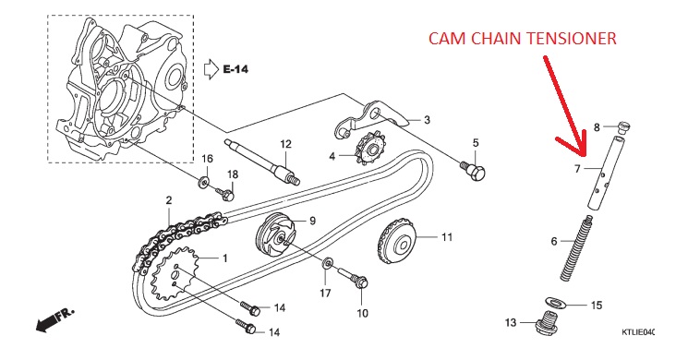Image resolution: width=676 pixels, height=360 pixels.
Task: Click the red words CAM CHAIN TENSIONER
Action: [522, 39]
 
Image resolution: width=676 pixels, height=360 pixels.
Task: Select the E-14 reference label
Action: [235, 69]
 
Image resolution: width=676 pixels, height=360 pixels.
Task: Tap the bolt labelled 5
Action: [474, 171]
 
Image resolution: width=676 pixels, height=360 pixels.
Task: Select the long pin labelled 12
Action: [261, 162]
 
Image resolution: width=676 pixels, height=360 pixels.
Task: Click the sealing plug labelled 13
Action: [546, 324]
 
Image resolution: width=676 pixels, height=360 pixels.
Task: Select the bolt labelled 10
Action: [352, 278]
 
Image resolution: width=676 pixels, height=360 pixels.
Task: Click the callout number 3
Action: [427, 119]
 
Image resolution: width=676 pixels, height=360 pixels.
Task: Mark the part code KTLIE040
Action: [638, 332]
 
